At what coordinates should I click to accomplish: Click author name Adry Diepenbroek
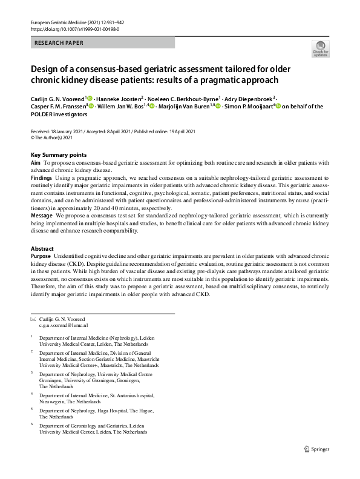[x=250, y=98]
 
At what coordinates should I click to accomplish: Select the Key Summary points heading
[x=58, y=155]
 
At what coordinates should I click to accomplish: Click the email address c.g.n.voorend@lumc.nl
[x=64, y=325]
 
